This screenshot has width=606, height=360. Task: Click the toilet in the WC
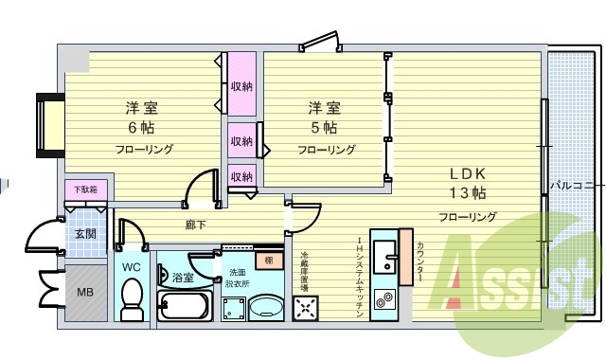(132, 297)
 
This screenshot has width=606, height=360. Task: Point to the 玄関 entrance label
(85, 233)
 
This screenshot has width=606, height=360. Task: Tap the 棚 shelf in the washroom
(269, 261)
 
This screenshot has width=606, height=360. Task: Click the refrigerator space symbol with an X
(306, 307)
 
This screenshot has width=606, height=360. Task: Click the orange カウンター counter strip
(407, 256)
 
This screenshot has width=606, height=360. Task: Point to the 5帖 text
(324, 127)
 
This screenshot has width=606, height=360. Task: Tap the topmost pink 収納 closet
(241, 87)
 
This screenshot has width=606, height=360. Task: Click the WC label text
(130, 267)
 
